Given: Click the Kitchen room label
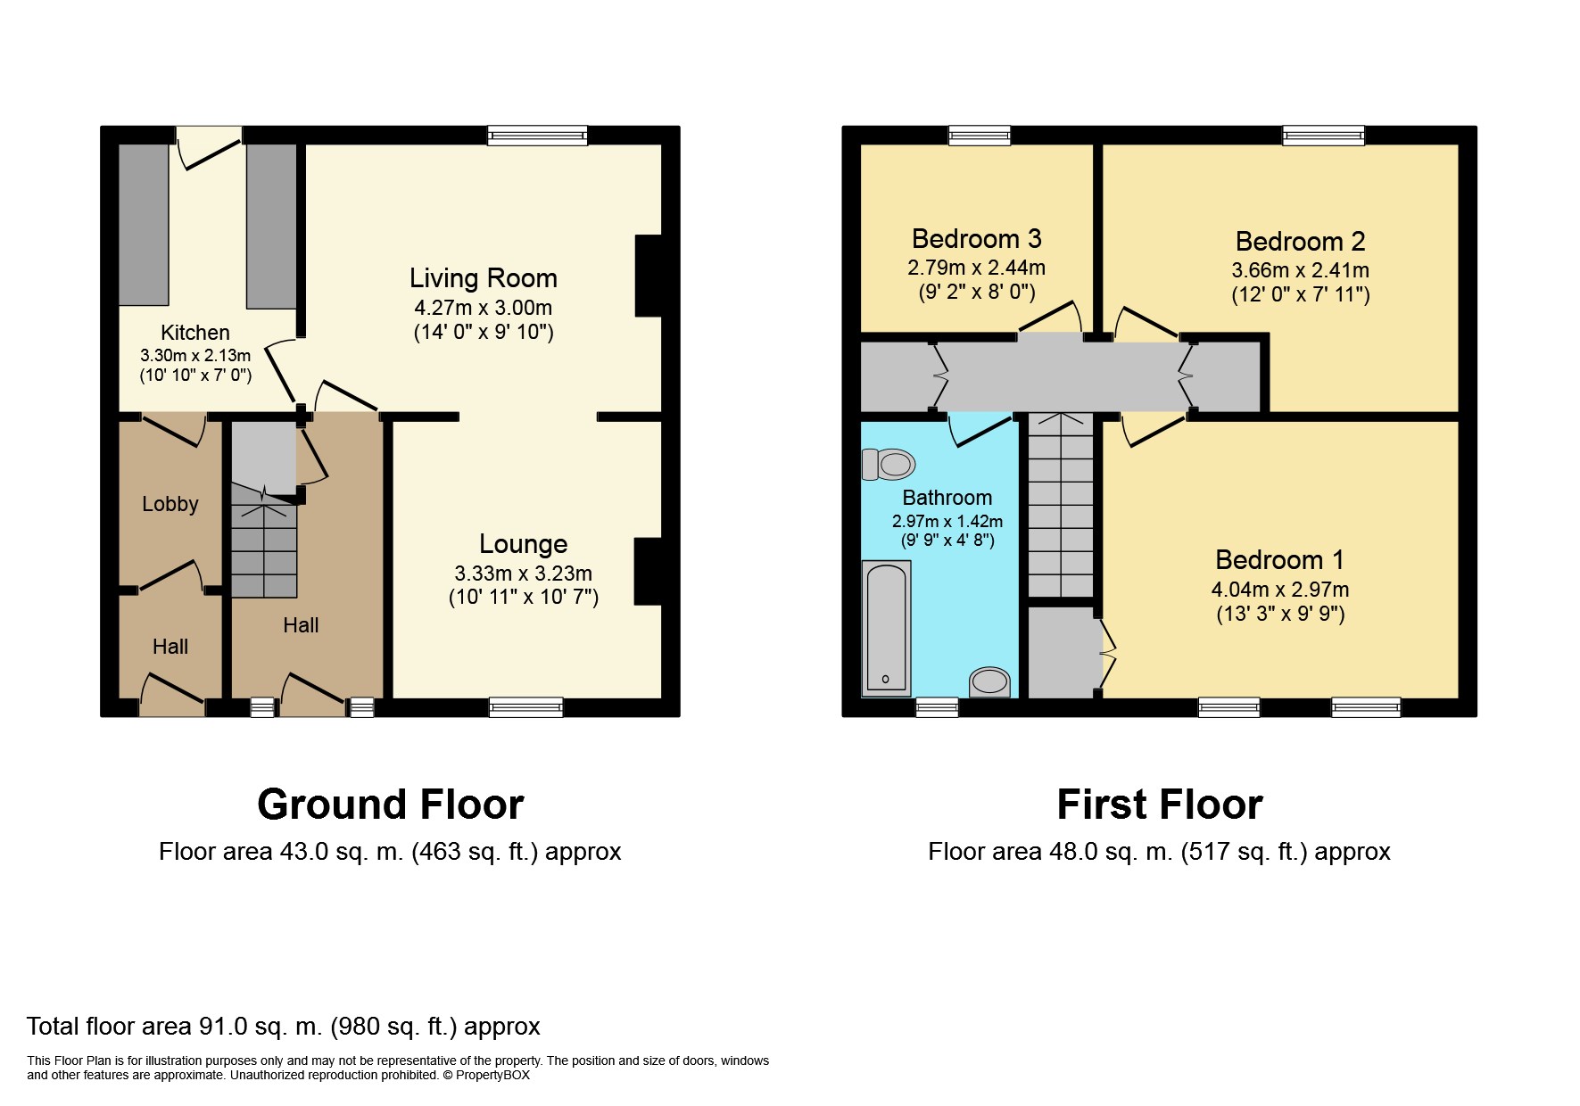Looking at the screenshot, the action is coord(195,333).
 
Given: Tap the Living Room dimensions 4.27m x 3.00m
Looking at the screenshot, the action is coord(483,308).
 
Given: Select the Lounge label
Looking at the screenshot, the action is coord(523,544).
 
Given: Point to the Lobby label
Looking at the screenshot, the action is coord(170,504).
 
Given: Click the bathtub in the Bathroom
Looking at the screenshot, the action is coord(886,628).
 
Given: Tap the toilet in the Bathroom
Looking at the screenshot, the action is coord(889,464).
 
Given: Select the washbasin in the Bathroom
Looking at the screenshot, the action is coord(989,682).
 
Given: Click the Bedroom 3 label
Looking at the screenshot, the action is coord(976,239).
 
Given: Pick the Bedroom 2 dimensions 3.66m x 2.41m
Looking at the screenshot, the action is coord(1300,270).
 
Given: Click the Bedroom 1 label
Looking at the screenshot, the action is coord(1279,560).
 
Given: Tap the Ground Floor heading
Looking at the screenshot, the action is coord(390,805).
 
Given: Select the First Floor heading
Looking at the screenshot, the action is coord(1160,805).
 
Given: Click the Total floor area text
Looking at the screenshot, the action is coord(284,1027).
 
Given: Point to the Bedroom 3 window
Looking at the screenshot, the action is coord(979,136).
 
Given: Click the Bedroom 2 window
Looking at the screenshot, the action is coord(1324,136).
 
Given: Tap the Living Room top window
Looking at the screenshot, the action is coord(537,136).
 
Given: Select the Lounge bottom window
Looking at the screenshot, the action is coord(526,707).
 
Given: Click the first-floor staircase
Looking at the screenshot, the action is coord(1061,505).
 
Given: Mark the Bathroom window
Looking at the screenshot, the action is coord(937,707).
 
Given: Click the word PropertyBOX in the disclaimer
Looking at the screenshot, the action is coord(492,1076).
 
